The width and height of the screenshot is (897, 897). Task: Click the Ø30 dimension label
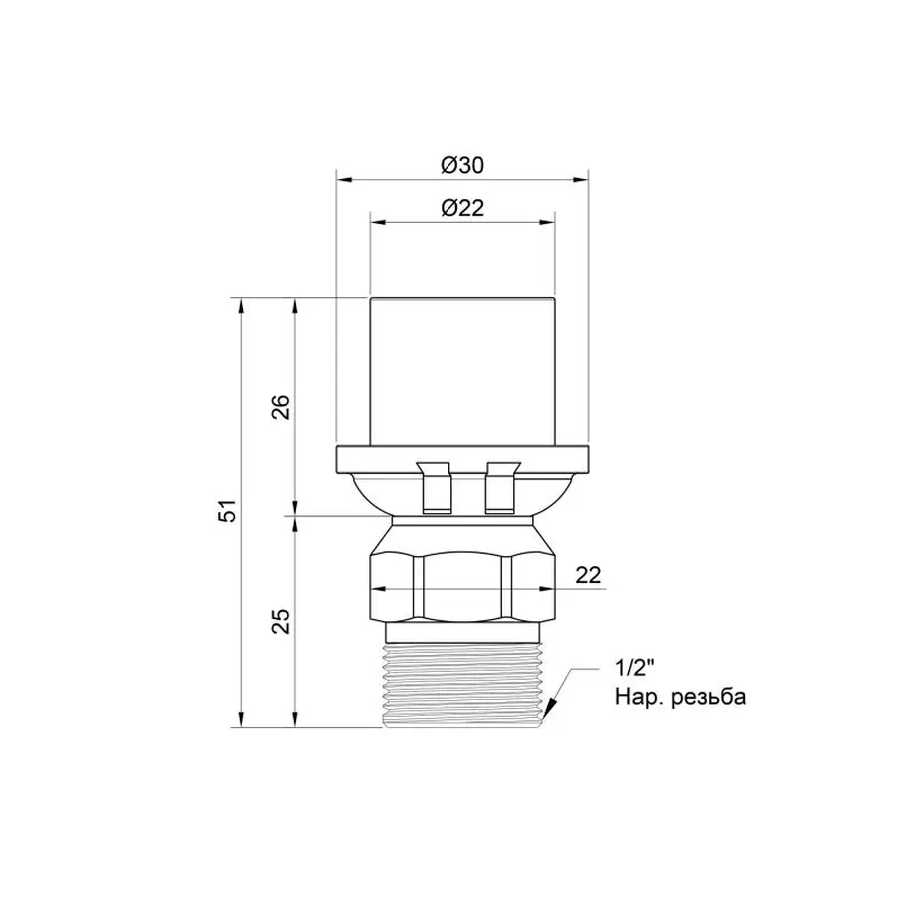click(x=462, y=165)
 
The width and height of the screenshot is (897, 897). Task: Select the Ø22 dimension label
click(x=462, y=207)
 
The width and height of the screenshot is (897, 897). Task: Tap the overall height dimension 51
click(x=228, y=511)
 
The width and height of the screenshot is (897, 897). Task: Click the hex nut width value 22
click(x=588, y=575)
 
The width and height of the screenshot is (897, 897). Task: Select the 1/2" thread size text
click(x=634, y=668)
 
